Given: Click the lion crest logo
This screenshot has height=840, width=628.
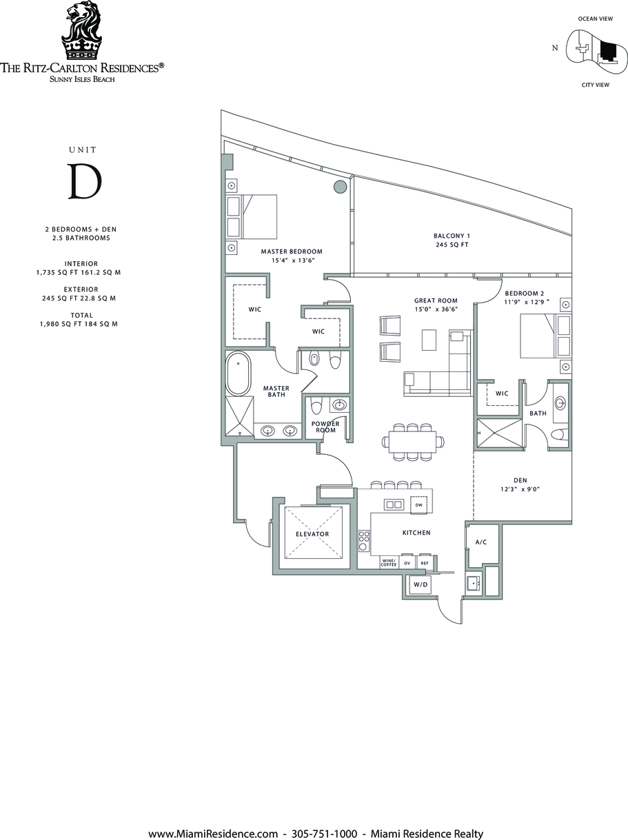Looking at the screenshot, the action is click(81, 30).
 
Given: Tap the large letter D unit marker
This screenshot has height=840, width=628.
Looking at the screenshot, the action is click(85, 181).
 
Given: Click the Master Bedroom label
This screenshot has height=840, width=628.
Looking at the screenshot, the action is click(292, 252).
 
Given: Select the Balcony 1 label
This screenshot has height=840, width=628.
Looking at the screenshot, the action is click(452, 236).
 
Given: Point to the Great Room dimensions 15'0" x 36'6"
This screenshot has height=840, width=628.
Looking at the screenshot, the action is click(436, 309).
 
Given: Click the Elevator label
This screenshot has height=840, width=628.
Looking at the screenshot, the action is click(312, 534).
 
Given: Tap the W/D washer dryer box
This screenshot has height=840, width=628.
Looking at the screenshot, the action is click(421, 585).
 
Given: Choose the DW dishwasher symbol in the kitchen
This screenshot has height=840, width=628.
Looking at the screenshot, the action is click(418, 505).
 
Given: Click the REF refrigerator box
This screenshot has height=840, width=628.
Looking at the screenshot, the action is click(425, 563).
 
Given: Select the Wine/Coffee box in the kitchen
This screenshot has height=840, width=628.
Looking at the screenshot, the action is click(389, 563).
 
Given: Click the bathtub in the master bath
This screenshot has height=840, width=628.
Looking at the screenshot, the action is click(239, 373).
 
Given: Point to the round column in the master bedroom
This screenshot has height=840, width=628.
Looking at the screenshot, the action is click(341, 186).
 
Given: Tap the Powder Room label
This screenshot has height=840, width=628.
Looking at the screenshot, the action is click(325, 427).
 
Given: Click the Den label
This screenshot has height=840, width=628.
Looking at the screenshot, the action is click(520, 480).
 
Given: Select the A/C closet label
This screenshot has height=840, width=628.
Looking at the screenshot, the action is click(481, 542).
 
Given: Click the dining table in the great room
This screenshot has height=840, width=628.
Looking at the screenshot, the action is click(413, 442).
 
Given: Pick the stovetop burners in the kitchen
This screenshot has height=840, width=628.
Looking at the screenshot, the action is click(364, 541).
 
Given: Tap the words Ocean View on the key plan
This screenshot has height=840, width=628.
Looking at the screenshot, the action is click(596, 19).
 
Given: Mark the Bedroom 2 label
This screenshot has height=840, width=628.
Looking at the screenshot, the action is click(525, 294).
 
